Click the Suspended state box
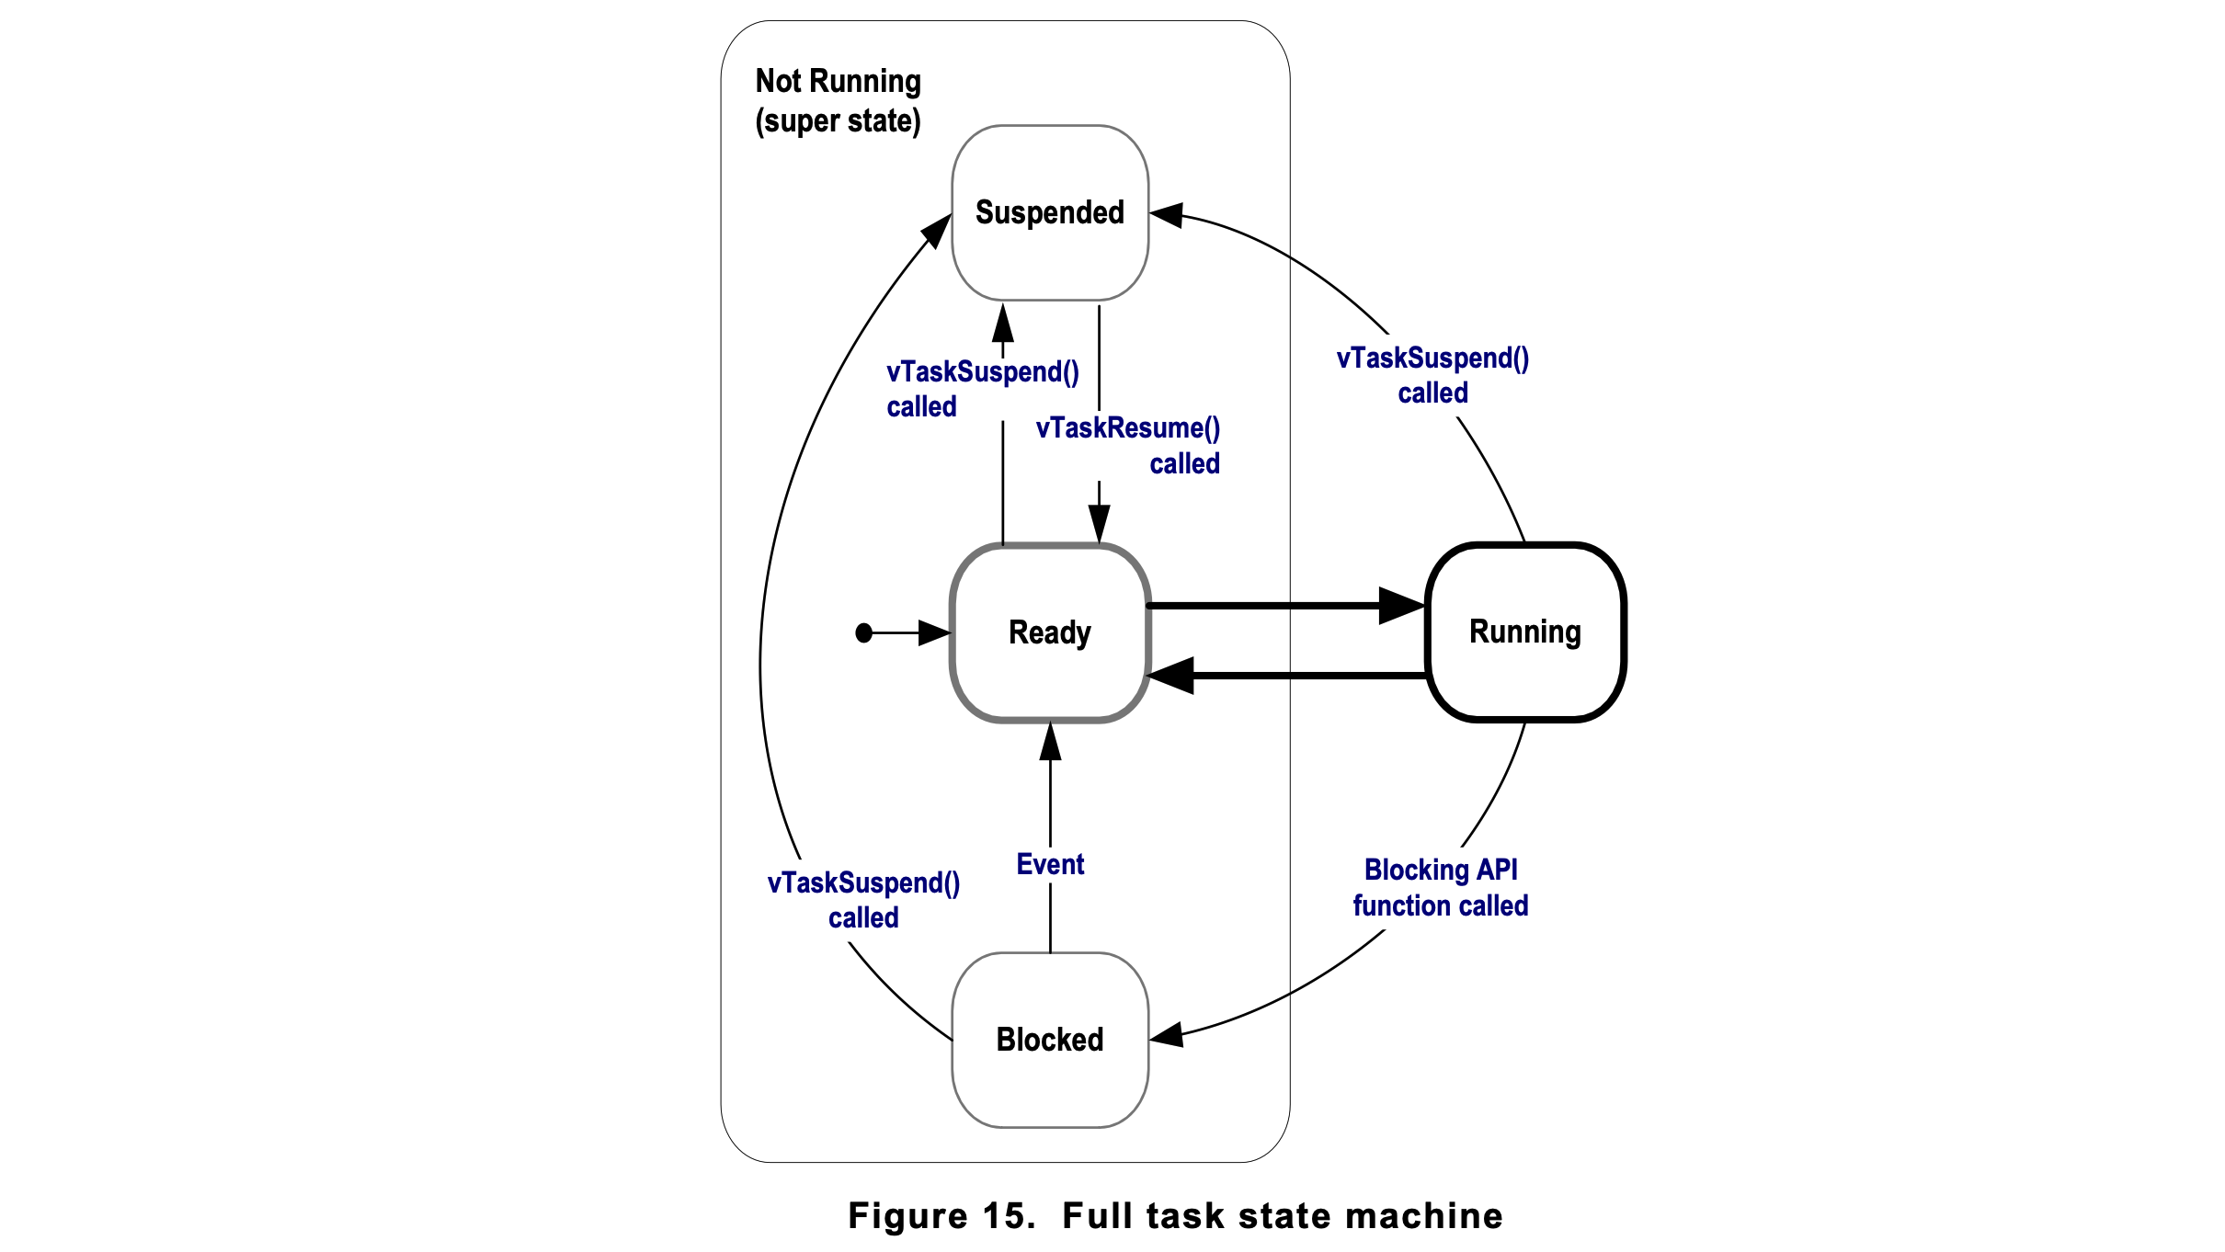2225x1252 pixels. pyautogui.click(x=1049, y=212)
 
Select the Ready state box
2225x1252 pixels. pyautogui.click(x=1049, y=632)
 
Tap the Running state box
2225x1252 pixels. pyautogui.click(x=1524, y=632)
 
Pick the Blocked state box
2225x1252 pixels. pyautogui.click(x=1049, y=1040)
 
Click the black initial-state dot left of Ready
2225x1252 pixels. pyautogui.click(x=863, y=632)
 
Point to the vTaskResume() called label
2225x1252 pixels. pyautogui.click(x=1128, y=445)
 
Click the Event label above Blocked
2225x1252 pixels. pyautogui.click(x=1050, y=864)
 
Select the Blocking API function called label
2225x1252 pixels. pyautogui.click(x=1440, y=887)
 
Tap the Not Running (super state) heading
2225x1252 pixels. pyautogui.click(x=838, y=100)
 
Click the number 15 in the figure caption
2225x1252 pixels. pyautogui.click(x=1004, y=1215)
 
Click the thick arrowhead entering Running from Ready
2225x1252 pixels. pyautogui.click(x=1402, y=606)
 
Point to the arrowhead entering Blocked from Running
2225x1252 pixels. pyautogui.click(x=1167, y=1036)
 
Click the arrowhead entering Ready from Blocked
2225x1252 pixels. pyautogui.click(x=1050, y=742)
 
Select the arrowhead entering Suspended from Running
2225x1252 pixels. pyautogui.click(x=1166, y=215)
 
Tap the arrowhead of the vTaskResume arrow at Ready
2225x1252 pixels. pyautogui.click(x=1099, y=524)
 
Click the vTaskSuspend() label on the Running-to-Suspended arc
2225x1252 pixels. pyautogui.click(x=1432, y=375)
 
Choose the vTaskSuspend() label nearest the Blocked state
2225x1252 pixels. pyautogui.click(x=863, y=900)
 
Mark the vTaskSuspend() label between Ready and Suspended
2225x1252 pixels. pyautogui.click(x=982, y=389)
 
